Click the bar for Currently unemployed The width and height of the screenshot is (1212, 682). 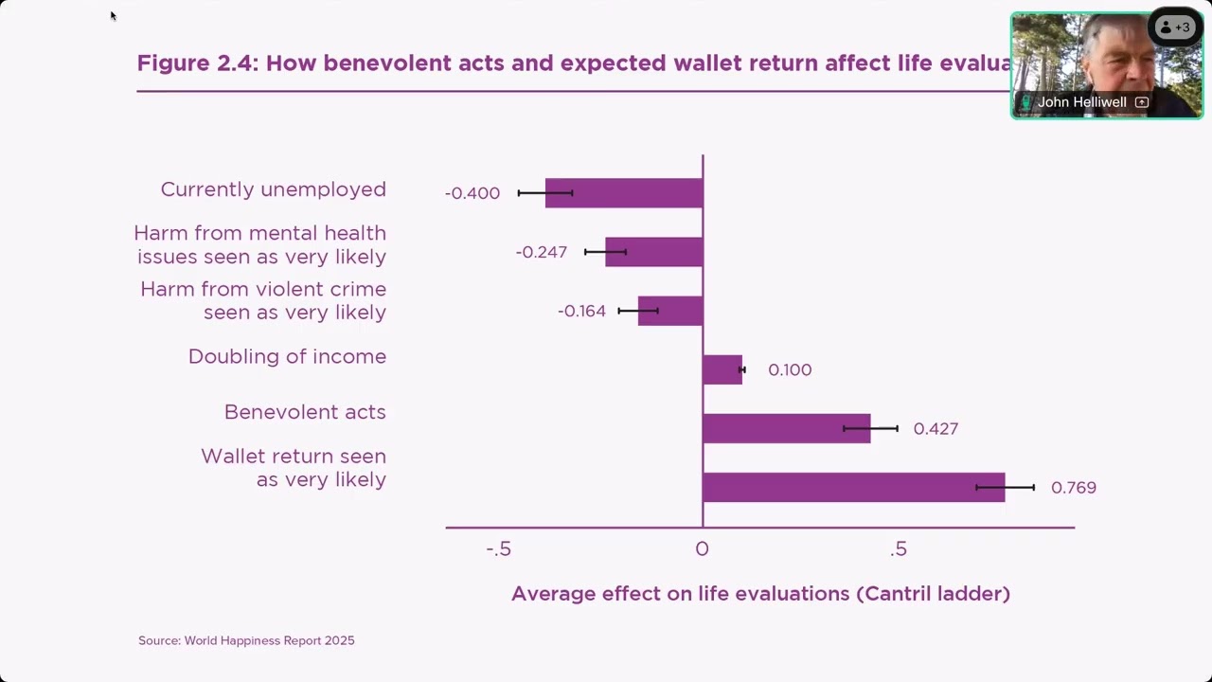point(624,193)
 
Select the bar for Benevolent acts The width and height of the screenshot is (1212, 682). point(786,428)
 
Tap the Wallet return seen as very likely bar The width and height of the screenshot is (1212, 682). point(853,487)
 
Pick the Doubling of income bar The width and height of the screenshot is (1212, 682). point(722,369)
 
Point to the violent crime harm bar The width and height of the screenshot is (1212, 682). point(670,311)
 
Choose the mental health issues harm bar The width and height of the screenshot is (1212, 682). point(654,252)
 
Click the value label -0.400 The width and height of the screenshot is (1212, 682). point(472,193)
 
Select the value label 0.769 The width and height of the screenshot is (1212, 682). point(1074,488)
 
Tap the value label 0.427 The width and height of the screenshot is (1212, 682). point(936,429)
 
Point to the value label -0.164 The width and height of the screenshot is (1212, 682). point(581,311)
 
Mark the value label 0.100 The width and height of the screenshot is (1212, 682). point(790,370)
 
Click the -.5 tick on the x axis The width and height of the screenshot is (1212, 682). point(499,549)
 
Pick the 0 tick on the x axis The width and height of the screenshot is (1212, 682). point(702,549)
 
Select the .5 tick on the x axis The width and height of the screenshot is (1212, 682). point(899,549)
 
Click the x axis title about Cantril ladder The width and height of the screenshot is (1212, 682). point(760,594)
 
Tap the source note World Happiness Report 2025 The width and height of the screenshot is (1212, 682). point(246,640)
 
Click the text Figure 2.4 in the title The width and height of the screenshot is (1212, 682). point(196,63)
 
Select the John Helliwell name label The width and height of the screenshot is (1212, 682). point(1081,102)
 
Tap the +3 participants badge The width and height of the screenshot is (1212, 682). point(1175,27)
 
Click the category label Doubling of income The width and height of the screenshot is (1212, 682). point(287,356)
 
